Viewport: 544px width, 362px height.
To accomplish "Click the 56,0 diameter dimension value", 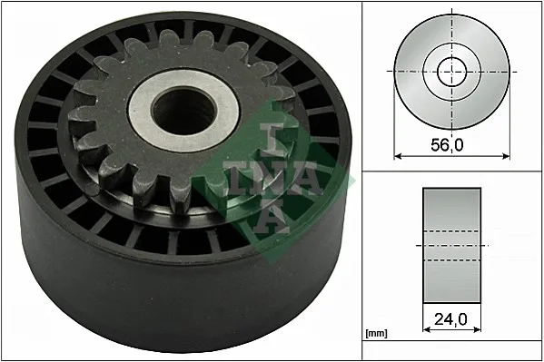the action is point(447,145).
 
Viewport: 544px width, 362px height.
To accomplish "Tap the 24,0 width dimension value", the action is point(450,319).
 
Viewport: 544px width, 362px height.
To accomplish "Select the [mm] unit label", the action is point(376,334).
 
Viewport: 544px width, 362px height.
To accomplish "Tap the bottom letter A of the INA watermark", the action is point(271,218).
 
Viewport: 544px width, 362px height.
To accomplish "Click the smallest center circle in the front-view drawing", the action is point(452,72).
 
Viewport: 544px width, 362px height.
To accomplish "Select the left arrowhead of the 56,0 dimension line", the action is point(398,156).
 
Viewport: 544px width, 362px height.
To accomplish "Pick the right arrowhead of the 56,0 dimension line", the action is point(506,156).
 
